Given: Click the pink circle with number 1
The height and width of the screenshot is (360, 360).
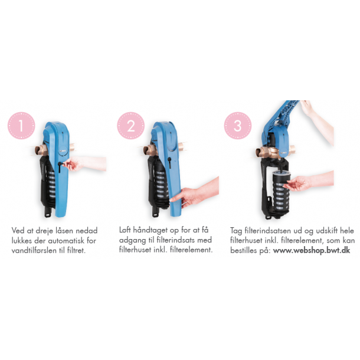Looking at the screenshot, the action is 21,126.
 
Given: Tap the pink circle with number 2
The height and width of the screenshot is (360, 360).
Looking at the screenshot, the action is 131,126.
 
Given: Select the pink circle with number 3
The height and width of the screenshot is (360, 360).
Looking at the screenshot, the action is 238,126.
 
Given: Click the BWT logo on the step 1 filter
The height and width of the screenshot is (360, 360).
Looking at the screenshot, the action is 63,151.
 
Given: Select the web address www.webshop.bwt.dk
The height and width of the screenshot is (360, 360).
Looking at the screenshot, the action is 312,250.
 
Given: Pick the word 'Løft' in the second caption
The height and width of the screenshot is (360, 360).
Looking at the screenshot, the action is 125,230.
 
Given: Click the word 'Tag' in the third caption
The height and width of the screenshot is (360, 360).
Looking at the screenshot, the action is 236,231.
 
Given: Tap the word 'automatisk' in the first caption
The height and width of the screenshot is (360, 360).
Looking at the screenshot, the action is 66,241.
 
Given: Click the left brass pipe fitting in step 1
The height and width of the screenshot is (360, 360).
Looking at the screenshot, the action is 41,149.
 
